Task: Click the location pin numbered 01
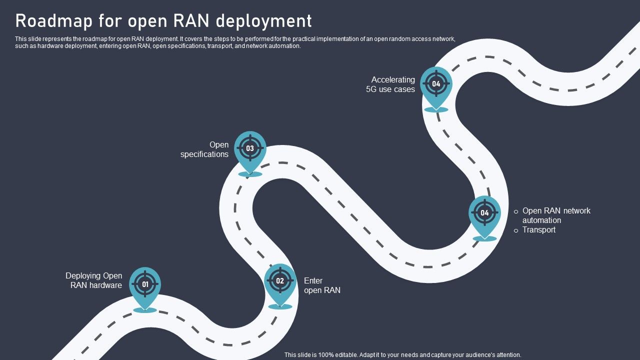tap(145, 284)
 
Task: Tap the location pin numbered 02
tap(280, 281)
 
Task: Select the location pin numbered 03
tap(250, 148)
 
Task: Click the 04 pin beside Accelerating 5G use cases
tap(436, 84)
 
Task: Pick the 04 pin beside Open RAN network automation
tap(484, 213)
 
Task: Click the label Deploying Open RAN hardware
tap(94, 280)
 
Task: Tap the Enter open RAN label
tap(321, 285)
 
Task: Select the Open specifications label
tap(204, 149)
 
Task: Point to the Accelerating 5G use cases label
tap(391, 84)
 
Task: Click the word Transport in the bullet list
tap(538, 230)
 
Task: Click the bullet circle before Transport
tap(516, 230)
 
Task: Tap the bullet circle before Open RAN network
tap(516, 212)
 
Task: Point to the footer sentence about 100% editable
tap(402, 354)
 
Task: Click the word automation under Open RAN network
tap(541, 220)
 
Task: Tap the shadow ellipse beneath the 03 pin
tap(250, 174)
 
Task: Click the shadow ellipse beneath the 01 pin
tap(145, 310)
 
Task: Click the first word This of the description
tap(20, 38)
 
